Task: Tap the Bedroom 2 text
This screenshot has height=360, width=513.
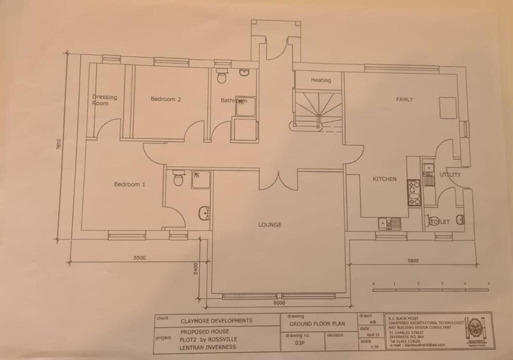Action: [166, 99]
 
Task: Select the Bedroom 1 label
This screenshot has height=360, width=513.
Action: [130, 184]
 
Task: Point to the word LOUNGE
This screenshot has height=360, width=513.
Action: [270, 225]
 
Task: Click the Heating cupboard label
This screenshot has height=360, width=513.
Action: [321, 80]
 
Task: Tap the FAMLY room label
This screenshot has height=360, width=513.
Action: [404, 100]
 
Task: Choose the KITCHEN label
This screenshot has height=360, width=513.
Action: [384, 179]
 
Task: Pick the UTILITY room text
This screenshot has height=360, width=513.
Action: [450, 175]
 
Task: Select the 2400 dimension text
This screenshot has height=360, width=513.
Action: [196, 268]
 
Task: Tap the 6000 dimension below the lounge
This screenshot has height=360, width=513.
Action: [279, 303]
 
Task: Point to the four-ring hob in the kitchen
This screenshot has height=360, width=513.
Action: [414, 193]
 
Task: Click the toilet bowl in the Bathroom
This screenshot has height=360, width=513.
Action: [222, 78]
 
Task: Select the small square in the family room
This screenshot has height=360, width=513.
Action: [448, 108]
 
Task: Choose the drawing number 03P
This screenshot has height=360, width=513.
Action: [300, 343]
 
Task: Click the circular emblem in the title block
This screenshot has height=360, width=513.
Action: [474, 330]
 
